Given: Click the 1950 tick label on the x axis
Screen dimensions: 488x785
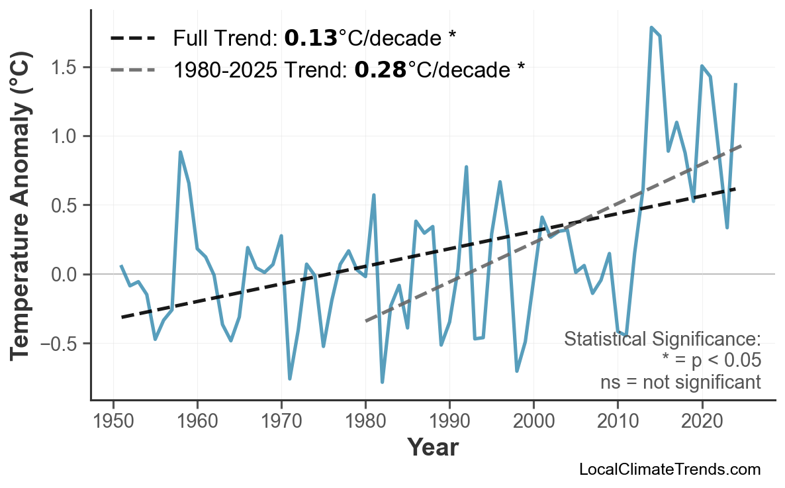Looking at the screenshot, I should [113, 422].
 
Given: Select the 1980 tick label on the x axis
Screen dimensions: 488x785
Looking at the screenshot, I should [365, 422].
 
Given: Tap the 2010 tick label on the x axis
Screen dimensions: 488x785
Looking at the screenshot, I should [618, 422].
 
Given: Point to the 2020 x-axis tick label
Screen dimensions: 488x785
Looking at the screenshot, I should [702, 422].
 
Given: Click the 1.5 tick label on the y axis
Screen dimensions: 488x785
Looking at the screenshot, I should [66, 68].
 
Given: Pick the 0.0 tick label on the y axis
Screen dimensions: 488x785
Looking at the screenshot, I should [66, 275].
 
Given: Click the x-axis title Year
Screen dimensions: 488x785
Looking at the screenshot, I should [432, 448].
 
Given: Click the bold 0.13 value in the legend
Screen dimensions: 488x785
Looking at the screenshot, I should [310, 38].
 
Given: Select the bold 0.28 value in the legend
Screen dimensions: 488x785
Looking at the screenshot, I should [380, 69].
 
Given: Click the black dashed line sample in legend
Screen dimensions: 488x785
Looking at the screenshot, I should [133, 38].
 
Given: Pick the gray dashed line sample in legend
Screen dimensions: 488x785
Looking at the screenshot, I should [133, 69].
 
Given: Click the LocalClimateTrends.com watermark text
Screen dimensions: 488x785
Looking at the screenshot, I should [669, 469].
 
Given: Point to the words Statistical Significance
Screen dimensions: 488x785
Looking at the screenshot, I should [662, 339].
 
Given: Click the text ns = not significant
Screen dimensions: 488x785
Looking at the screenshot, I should [680, 382].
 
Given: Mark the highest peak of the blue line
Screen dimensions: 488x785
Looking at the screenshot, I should [651, 28].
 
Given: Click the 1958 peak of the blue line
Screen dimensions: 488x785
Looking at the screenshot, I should [180, 152].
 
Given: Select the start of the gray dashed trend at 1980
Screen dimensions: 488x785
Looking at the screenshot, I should [366, 321].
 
